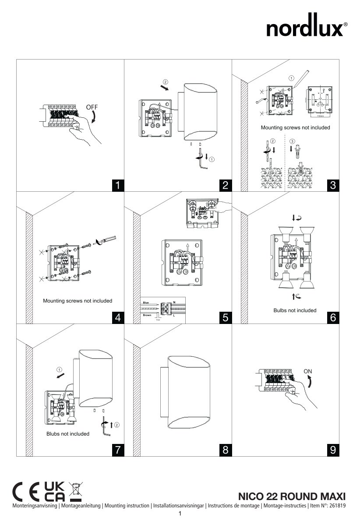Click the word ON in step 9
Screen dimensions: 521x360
pos(308,371)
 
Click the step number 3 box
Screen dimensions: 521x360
pos(333,185)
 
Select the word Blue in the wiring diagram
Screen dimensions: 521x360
pos(146,303)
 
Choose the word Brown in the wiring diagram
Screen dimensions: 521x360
pos(147,315)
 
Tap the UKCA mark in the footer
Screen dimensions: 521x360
pos(55,492)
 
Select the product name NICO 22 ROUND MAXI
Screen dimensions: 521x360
pos(292,496)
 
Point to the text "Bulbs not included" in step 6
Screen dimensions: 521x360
pos(295,310)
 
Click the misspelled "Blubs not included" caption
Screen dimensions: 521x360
pos(68,434)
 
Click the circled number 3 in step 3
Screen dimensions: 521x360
pos(293,141)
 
